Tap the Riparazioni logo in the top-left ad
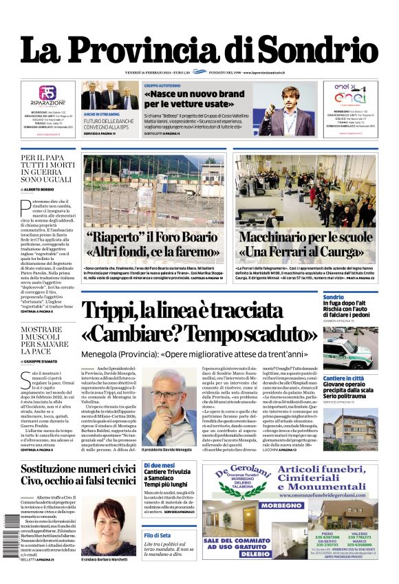click(x=47, y=96)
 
